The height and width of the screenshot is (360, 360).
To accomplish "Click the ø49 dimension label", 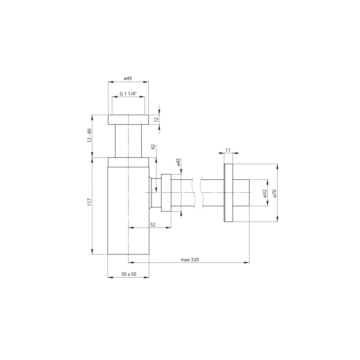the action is coord(128,79).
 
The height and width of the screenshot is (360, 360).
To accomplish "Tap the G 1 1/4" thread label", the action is coord(128,94).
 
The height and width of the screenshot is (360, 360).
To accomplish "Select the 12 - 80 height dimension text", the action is coord(89,136).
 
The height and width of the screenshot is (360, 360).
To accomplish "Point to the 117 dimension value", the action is coord(89,202).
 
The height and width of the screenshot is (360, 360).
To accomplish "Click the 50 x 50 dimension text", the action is coord(129,274).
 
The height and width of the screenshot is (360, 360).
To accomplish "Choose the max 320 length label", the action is coord(190,260).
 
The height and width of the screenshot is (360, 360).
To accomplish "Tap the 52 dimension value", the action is coord(153,225).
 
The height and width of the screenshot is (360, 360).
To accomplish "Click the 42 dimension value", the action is coord(153,147).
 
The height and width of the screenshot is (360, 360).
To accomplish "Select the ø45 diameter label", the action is coord(178,162).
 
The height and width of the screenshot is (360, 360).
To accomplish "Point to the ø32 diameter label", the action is coord(264,193).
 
